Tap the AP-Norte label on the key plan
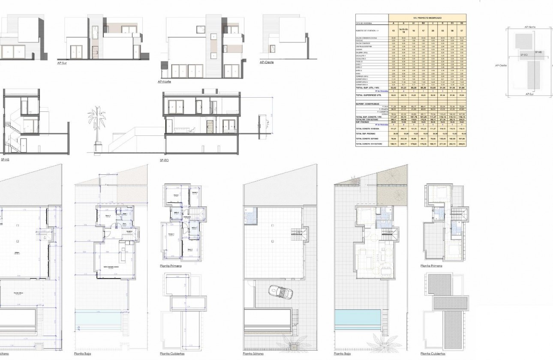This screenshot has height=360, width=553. (530, 27)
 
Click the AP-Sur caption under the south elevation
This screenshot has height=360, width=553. (63, 63)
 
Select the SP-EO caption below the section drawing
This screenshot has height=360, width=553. (164, 160)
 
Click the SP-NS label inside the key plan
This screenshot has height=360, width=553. (538, 52)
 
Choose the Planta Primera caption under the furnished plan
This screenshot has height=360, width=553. (431, 266)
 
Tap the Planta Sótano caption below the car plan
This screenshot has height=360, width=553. (253, 354)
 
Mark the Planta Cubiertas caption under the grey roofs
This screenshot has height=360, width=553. (433, 354)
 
